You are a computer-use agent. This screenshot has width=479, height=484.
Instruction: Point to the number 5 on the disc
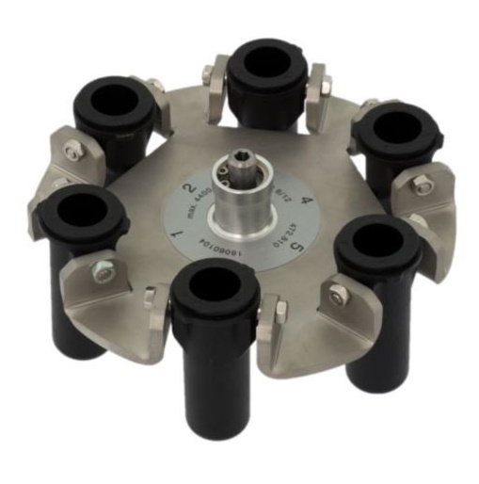point(297,248)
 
